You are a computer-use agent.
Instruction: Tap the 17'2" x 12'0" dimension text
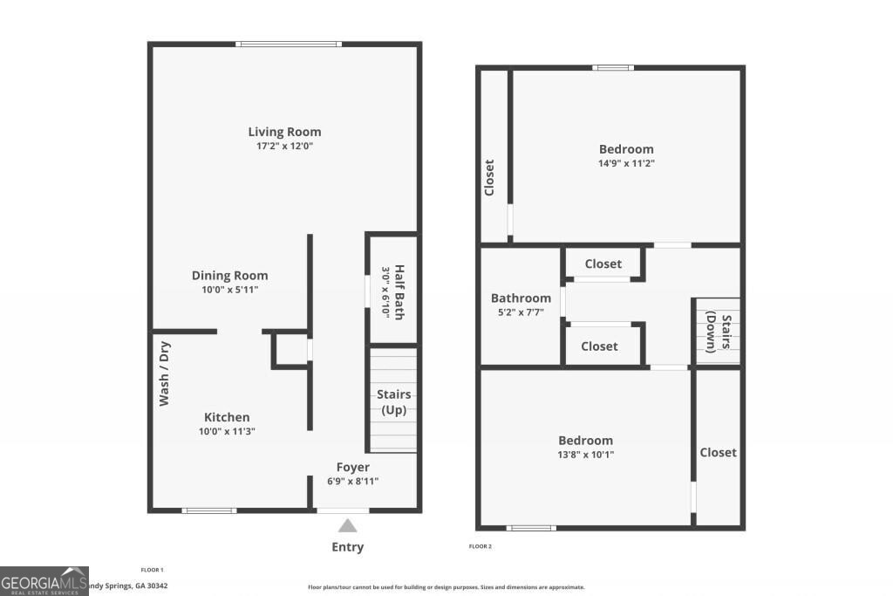point(284,147)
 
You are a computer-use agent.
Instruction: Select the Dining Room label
point(229,275)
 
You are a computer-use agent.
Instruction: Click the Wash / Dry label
point(164,373)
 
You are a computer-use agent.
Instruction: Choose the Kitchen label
point(227,417)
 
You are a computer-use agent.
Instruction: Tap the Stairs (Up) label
point(393,402)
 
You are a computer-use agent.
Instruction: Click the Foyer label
point(353,468)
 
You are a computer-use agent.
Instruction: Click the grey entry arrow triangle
point(347,525)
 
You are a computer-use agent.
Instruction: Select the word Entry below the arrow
point(347,547)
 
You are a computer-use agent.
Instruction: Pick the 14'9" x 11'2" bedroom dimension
point(626,163)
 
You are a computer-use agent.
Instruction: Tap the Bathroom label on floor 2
point(521,298)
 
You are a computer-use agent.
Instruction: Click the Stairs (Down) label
point(717,332)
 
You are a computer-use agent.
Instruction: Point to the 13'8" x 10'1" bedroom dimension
point(586,455)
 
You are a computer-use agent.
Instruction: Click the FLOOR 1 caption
point(153,570)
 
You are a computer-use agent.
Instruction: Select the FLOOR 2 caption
point(481,547)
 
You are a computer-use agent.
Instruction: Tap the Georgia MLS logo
point(44,581)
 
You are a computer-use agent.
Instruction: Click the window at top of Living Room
point(288,44)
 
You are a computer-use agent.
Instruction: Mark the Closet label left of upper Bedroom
point(489,177)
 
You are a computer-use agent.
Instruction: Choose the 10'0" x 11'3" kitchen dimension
point(227,431)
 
